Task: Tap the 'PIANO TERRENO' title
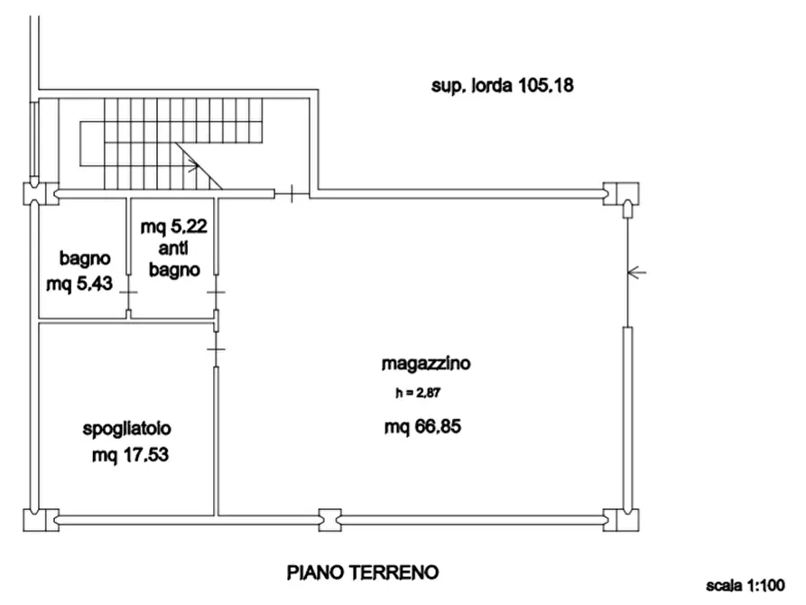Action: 363,572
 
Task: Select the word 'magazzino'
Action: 426,365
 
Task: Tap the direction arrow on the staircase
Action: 192,165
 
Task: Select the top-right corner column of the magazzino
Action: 621,194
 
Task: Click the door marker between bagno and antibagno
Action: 128,293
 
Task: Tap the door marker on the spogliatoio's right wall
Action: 216,348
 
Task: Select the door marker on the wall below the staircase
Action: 292,193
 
